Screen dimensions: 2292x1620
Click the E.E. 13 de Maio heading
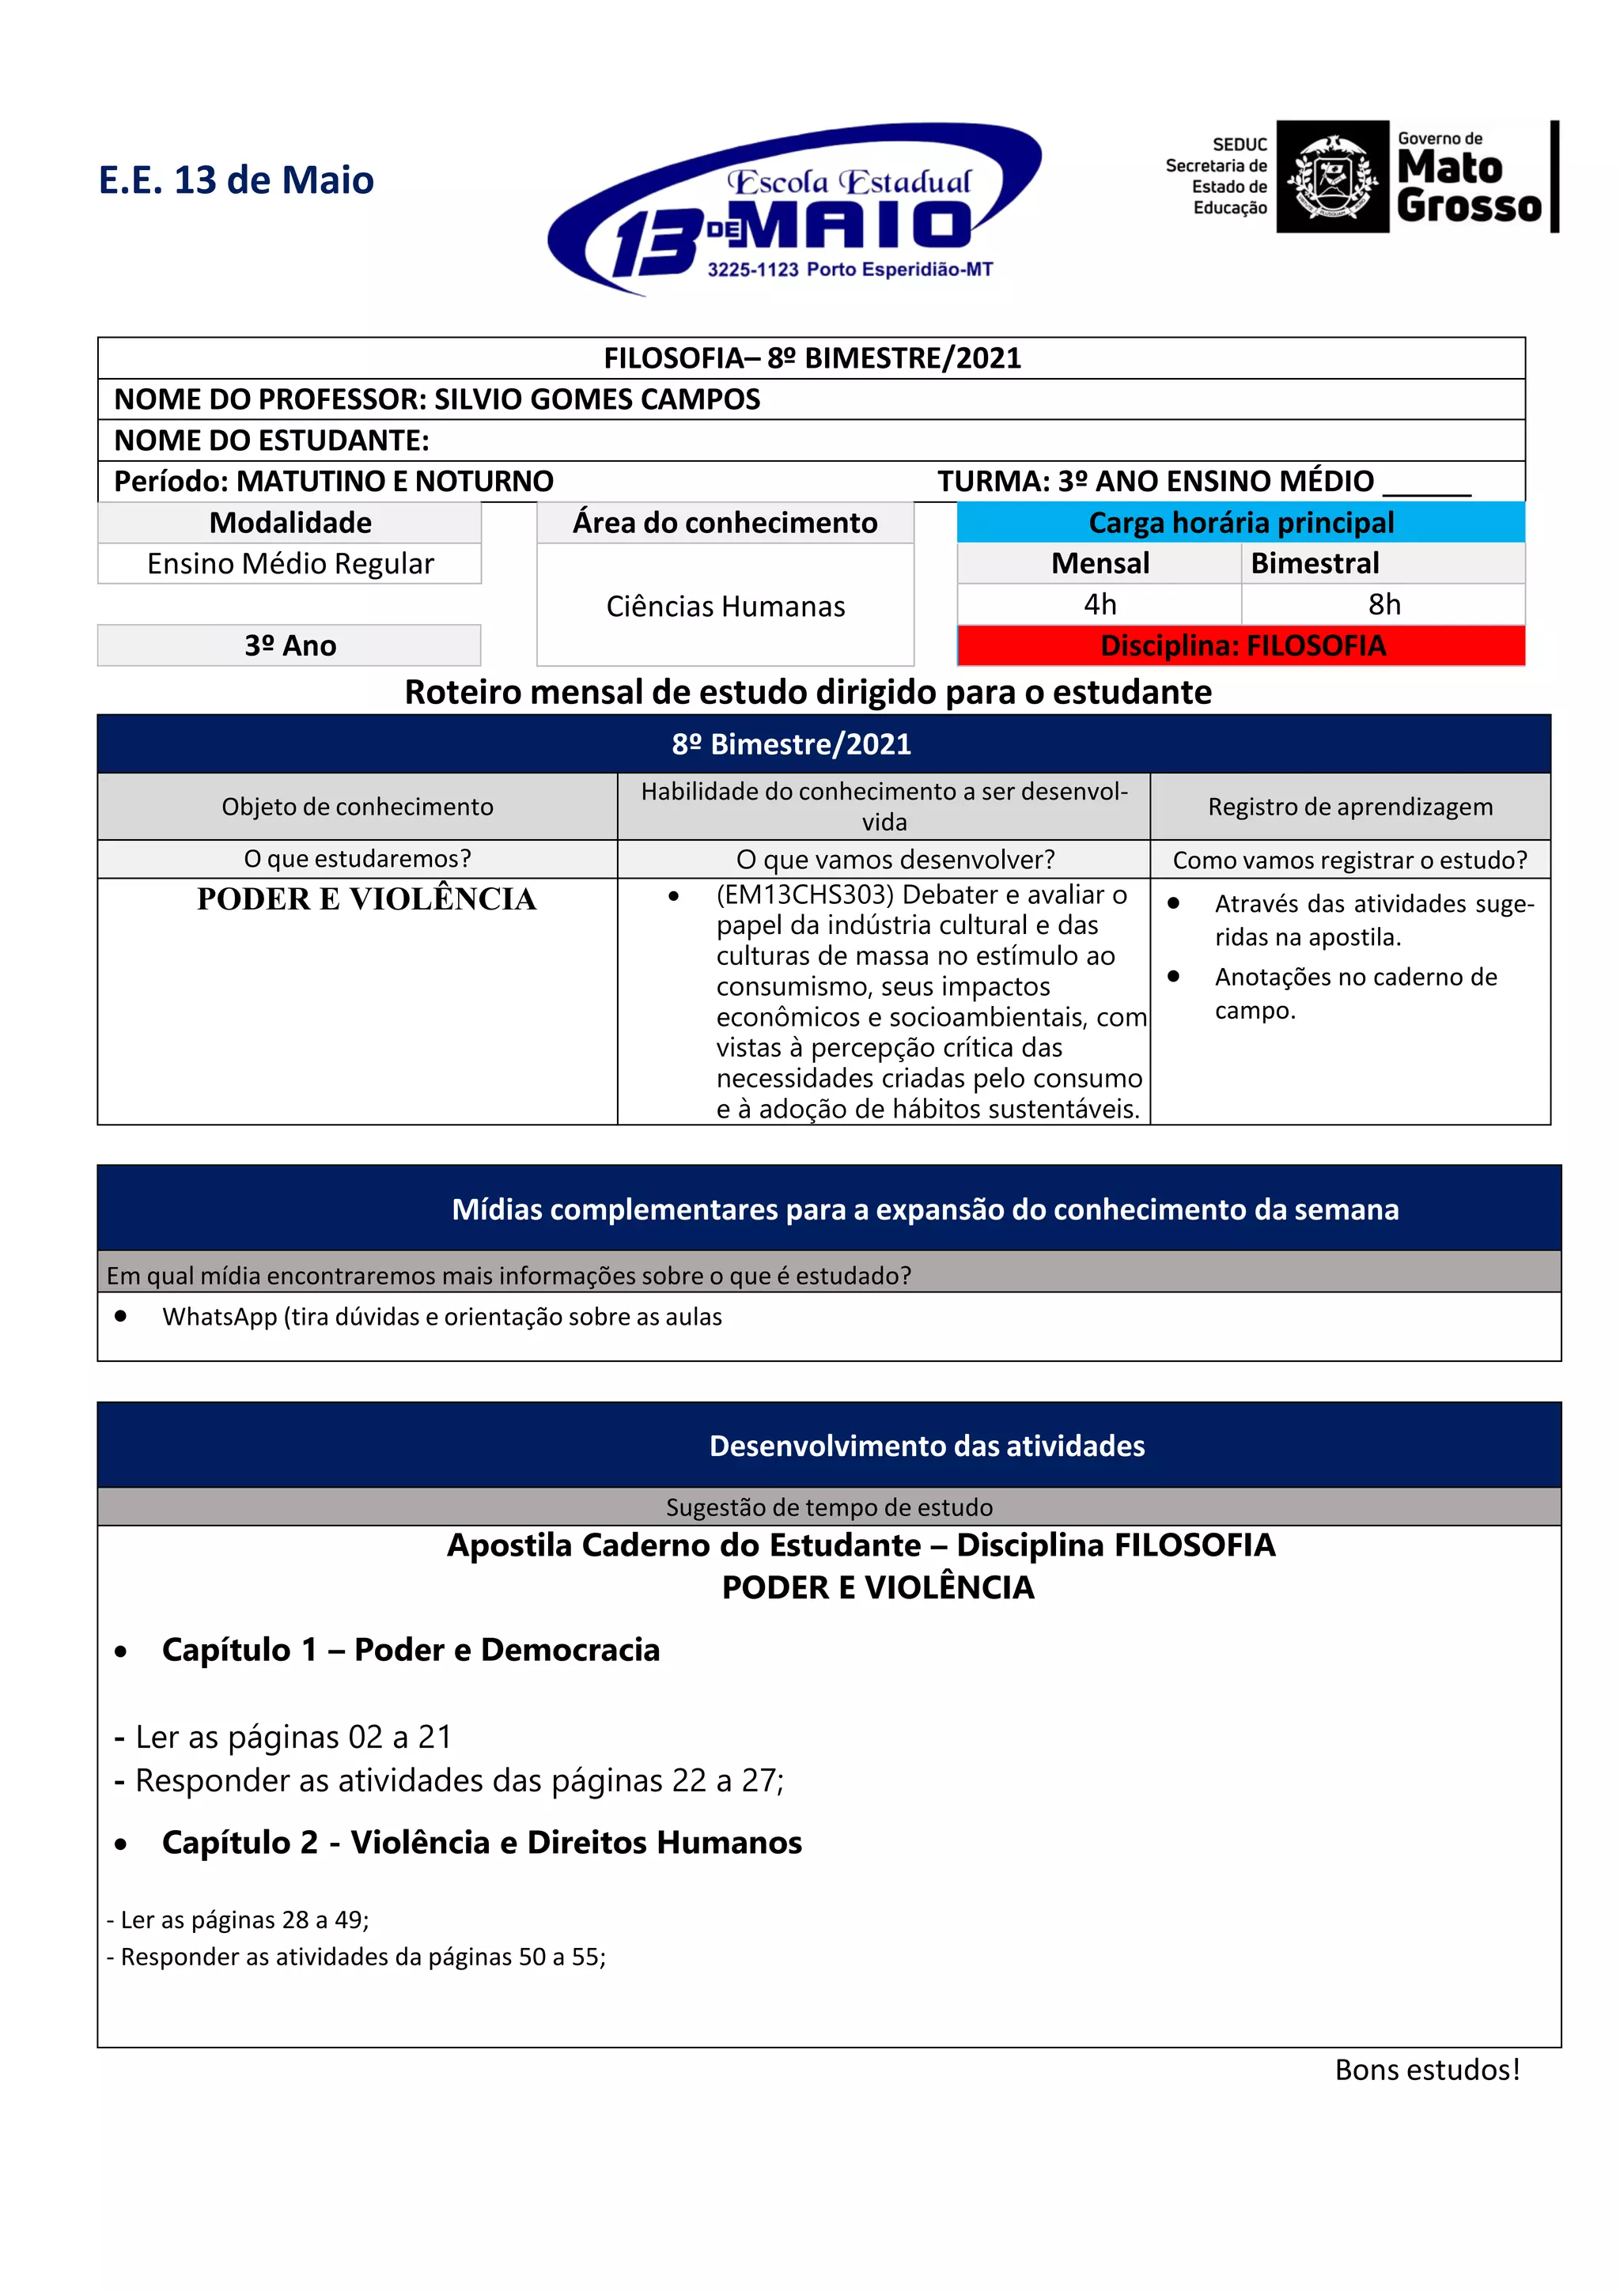(x=236, y=180)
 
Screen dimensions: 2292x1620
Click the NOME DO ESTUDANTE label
(x=271, y=441)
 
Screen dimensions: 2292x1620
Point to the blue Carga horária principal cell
(x=1240, y=522)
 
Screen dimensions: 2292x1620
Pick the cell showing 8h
(x=1383, y=604)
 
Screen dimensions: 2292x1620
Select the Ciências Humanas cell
(x=725, y=606)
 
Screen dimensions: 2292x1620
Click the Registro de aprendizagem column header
(x=1349, y=807)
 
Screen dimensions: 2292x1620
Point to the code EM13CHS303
(x=804, y=894)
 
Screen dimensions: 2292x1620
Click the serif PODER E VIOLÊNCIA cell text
(x=366, y=899)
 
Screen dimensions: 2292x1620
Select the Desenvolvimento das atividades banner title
(x=926, y=1446)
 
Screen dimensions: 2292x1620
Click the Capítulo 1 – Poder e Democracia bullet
(x=411, y=1650)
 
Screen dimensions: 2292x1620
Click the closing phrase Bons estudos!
(x=1426, y=2070)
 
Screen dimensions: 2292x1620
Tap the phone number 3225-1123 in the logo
(x=752, y=270)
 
